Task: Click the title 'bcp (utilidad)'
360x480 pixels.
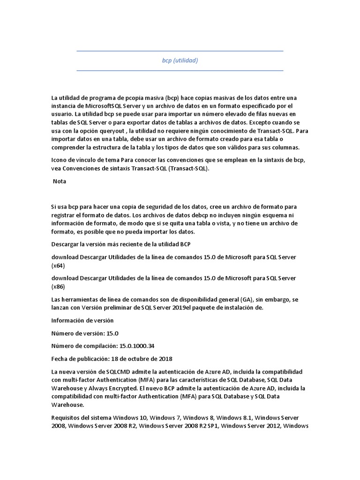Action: pyautogui.click(x=180, y=60)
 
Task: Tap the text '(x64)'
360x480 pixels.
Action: pyautogui.click(x=58, y=265)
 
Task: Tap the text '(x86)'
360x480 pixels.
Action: pyautogui.click(x=58, y=286)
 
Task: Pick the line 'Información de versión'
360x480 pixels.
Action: pyautogui.click(x=82, y=321)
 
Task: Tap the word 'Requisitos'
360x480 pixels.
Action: pyautogui.click(x=66, y=417)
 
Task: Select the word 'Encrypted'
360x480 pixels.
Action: pyautogui.click(x=136, y=388)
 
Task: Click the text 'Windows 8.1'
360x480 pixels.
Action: pyautogui.click(x=234, y=417)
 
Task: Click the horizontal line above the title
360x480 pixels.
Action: pyautogui.click(x=180, y=51)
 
